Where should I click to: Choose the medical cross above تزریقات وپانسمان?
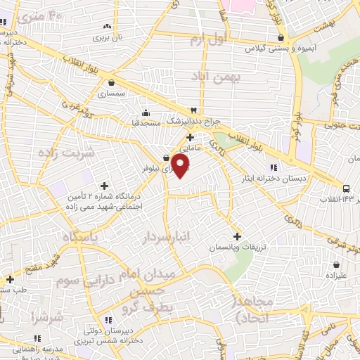point(237,237)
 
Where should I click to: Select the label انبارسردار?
point(169,236)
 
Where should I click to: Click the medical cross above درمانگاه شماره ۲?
point(105,186)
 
